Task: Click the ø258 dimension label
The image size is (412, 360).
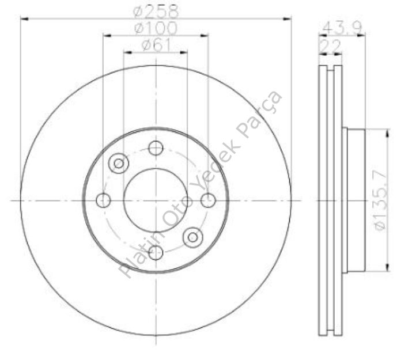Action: click(156, 10)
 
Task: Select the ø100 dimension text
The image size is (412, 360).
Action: click(156, 27)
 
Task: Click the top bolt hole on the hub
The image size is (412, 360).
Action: click(156, 148)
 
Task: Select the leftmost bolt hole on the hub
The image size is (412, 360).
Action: click(104, 200)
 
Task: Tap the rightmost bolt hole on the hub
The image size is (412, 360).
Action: click(208, 200)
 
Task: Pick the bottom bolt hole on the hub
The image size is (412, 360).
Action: click(156, 252)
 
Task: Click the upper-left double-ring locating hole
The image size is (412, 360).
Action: click(119, 163)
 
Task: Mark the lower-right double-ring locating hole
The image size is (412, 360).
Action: click(192, 236)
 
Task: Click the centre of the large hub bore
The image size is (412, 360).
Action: click(156, 200)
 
